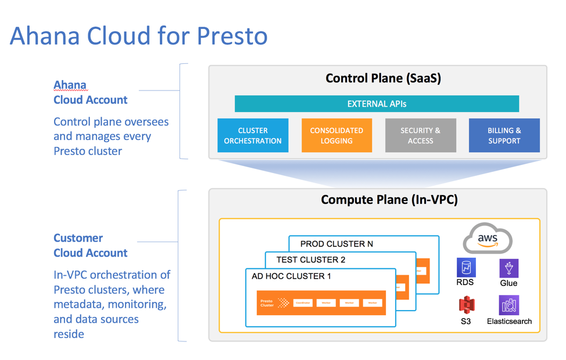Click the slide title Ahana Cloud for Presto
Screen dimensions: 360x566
click(138, 36)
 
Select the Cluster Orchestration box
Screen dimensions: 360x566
click(253, 135)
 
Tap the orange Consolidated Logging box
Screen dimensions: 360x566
click(336, 135)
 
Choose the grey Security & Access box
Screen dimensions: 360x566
click(420, 135)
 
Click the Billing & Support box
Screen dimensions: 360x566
click(504, 135)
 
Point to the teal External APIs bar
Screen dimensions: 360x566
click(377, 104)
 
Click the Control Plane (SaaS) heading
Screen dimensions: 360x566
click(383, 78)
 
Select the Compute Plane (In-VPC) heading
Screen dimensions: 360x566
click(389, 200)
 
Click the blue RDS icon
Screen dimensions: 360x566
click(465, 268)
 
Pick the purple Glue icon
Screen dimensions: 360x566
click(508, 268)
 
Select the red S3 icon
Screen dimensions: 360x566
click(466, 304)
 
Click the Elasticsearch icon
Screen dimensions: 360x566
click(508, 305)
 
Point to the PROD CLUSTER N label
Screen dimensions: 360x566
click(336, 244)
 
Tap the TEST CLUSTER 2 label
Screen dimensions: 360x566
click(310, 260)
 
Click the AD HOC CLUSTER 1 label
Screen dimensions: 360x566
click(291, 276)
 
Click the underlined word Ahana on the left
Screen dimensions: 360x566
click(70, 85)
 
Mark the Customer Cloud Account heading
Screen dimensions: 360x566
click(90, 246)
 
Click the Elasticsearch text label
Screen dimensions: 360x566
click(509, 321)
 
